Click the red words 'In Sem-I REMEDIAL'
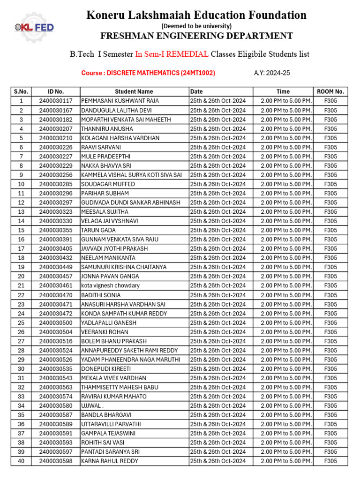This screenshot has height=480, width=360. pyautogui.click(x=172, y=54)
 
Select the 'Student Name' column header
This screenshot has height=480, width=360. pyautogui.click(x=134, y=92)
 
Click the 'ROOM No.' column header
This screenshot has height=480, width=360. pyautogui.click(x=330, y=92)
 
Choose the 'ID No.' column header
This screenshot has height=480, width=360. pyautogui.click(x=56, y=92)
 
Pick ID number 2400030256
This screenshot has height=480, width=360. pyautogui.click(x=56, y=175)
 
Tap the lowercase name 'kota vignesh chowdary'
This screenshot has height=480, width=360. pyautogui.click(x=110, y=285)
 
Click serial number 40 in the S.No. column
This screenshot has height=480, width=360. pyautogui.click(x=21, y=461)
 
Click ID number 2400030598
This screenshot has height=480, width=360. pyautogui.click(x=56, y=461)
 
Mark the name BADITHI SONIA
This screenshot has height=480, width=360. pyautogui.click(x=101, y=295)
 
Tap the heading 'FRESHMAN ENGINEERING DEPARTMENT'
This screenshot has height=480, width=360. pyautogui.click(x=196, y=36)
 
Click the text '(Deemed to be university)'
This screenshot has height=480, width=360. pyautogui.click(x=196, y=26)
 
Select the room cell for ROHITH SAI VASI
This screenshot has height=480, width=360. pyautogui.click(x=330, y=442)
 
